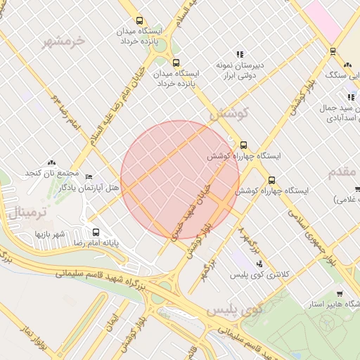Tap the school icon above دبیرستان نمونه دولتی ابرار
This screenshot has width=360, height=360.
point(240,53)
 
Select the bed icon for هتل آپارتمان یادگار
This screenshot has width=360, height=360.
point(88,176)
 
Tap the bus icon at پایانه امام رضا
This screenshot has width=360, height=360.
point(96,231)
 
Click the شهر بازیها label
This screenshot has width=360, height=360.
point(51,233)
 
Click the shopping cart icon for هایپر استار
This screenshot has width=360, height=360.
point(340,294)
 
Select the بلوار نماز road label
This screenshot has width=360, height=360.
point(36,338)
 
